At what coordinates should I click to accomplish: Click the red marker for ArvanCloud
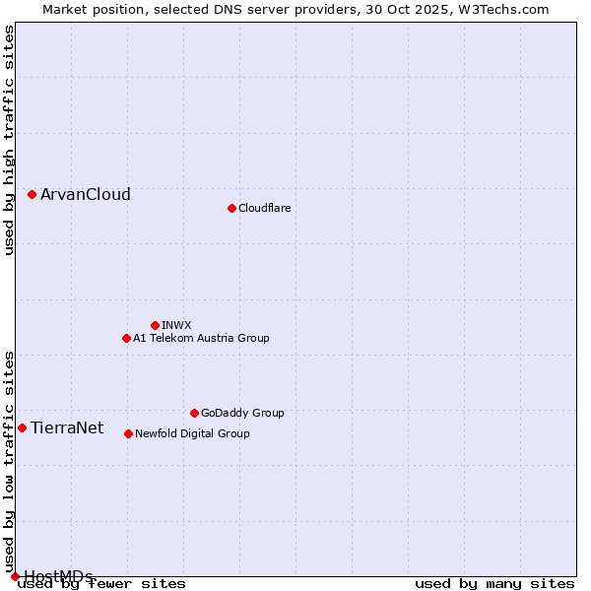coord(32,195)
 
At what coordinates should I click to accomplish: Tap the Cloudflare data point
coord(231,208)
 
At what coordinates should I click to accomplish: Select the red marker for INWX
coord(155,325)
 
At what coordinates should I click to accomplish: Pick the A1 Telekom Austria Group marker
coord(126,338)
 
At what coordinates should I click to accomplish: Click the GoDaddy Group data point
coord(194,413)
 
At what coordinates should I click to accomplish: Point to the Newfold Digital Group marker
coord(128,433)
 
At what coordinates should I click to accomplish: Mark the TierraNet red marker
coord(22,427)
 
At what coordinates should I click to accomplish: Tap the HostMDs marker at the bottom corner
coord(15,576)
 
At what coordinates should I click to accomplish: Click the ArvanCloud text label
coord(86,195)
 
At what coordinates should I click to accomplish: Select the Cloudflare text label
coord(265,208)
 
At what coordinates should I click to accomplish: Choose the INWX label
coord(176,325)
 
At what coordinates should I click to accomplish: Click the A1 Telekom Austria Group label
coord(201,338)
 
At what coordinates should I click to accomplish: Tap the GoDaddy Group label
coord(242,413)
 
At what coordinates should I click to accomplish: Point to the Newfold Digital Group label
coord(192,433)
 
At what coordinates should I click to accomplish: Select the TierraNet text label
coord(67,427)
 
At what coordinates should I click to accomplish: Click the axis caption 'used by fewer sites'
coord(101,583)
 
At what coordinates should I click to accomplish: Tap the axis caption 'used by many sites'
coord(494,583)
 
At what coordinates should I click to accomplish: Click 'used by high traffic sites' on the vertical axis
coord(10,140)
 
